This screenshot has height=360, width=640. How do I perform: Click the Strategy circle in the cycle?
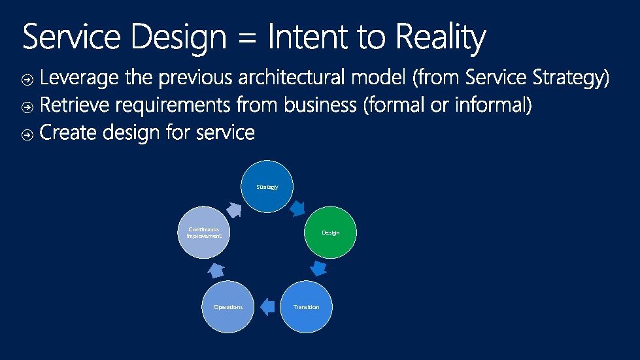pos(267,187)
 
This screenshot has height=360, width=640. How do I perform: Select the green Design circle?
pos(331,233)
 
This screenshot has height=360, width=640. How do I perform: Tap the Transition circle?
pos(306,306)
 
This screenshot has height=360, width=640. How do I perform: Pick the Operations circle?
pos(227,306)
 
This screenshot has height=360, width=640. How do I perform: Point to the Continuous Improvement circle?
pos(204,233)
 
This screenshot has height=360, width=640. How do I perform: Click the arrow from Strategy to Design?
pos(297,208)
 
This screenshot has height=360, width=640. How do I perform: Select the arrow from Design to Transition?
pos(318,269)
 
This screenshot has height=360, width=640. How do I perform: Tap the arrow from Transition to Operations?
pos(266,306)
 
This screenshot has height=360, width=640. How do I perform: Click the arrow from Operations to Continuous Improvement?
pos(216,269)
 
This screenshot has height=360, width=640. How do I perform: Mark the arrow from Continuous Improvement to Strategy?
pos(233,208)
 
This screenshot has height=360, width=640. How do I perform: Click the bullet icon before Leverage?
pos(28,80)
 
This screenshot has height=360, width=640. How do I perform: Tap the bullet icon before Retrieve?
pos(28,107)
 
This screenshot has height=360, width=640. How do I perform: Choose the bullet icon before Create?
pos(28,135)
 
